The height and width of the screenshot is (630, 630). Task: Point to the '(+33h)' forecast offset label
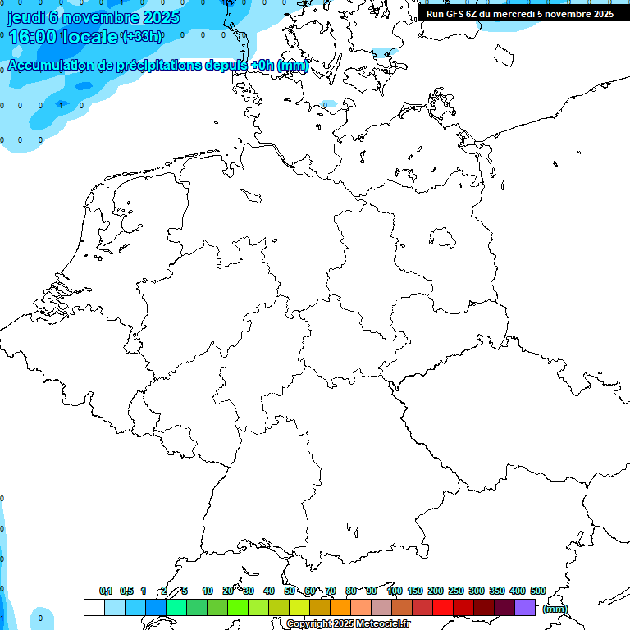click(x=142, y=37)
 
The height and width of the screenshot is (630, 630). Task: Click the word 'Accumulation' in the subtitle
click(x=51, y=66)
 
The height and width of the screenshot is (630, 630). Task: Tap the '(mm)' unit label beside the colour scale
click(x=555, y=609)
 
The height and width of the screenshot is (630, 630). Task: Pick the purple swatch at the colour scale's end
click(x=525, y=608)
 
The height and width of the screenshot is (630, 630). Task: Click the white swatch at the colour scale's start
click(x=94, y=608)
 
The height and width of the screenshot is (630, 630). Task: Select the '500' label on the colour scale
click(x=538, y=591)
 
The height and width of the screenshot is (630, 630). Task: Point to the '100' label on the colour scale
click(x=395, y=591)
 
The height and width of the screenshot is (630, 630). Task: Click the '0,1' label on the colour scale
click(x=106, y=591)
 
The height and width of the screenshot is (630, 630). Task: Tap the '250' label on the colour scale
click(x=456, y=591)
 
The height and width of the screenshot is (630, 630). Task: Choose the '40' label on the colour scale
click(x=269, y=591)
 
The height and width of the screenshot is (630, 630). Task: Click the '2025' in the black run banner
click(x=603, y=13)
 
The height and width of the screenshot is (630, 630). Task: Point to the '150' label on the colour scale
click(x=415, y=591)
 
